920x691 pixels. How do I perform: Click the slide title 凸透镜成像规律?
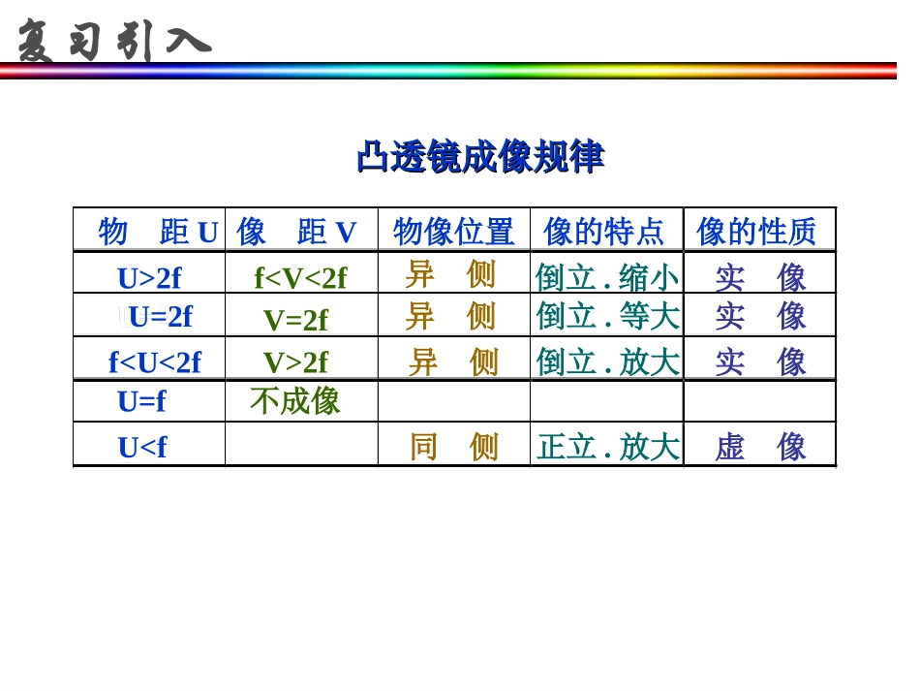coord(480,157)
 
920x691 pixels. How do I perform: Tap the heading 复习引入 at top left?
coord(113,42)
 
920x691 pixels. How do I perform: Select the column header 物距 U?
coord(158,233)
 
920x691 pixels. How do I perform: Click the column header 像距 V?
coord(296,233)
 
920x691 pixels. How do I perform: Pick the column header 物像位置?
coord(453,233)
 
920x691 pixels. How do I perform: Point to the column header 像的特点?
coord(604,233)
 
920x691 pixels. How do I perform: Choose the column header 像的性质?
coord(756,233)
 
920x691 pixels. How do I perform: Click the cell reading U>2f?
coord(149,278)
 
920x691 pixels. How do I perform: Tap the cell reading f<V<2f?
coord(300,278)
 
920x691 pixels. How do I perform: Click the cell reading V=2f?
coord(295,320)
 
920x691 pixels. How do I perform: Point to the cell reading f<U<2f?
coord(155,362)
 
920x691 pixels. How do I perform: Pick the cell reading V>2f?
coord(295,362)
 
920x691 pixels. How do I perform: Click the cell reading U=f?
coord(141,401)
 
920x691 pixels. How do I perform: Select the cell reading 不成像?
coord(295,401)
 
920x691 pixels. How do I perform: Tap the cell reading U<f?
coord(142,447)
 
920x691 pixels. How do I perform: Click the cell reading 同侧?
coord(453,447)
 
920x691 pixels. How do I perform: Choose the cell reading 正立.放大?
coord(607,447)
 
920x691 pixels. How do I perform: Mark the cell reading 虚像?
coord(760,447)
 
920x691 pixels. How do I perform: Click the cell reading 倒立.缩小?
coord(607,278)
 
